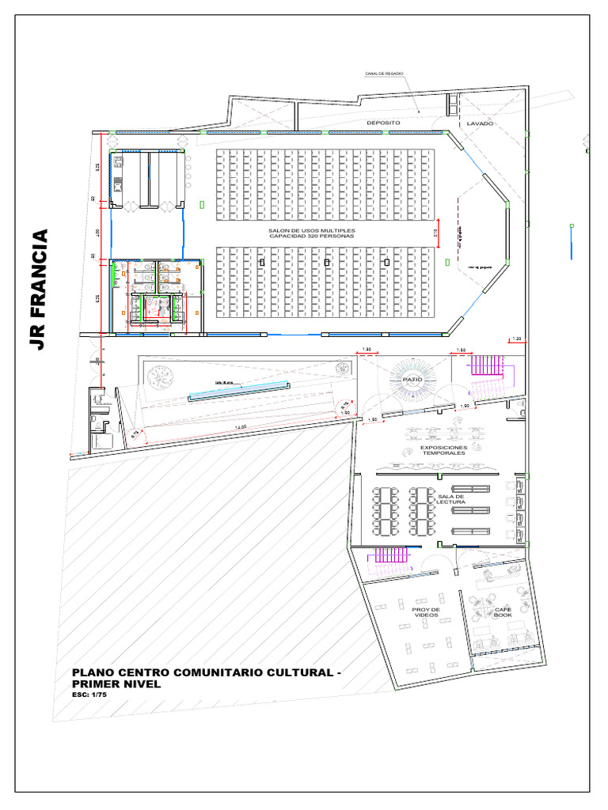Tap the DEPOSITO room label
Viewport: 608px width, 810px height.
pyautogui.click(x=383, y=123)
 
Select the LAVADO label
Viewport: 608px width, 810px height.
pyautogui.click(x=480, y=124)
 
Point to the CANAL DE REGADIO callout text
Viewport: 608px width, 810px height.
pyautogui.click(x=385, y=73)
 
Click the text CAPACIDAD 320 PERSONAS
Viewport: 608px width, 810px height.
pyautogui.click(x=312, y=237)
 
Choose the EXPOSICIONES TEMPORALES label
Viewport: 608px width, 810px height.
pyautogui.click(x=443, y=450)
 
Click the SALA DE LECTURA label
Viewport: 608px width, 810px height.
pyautogui.click(x=451, y=499)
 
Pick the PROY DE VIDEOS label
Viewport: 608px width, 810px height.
pyautogui.click(x=425, y=612)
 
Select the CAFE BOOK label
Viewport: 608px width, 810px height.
pyautogui.click(x=503, y=612)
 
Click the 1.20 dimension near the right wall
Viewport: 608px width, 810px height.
pyautogui.click(x=516, y=339)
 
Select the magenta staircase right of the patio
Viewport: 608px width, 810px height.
pyautogui.click(x=486, y=365)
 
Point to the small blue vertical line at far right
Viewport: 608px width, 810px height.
pyautogui.click(x=571, y=240)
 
